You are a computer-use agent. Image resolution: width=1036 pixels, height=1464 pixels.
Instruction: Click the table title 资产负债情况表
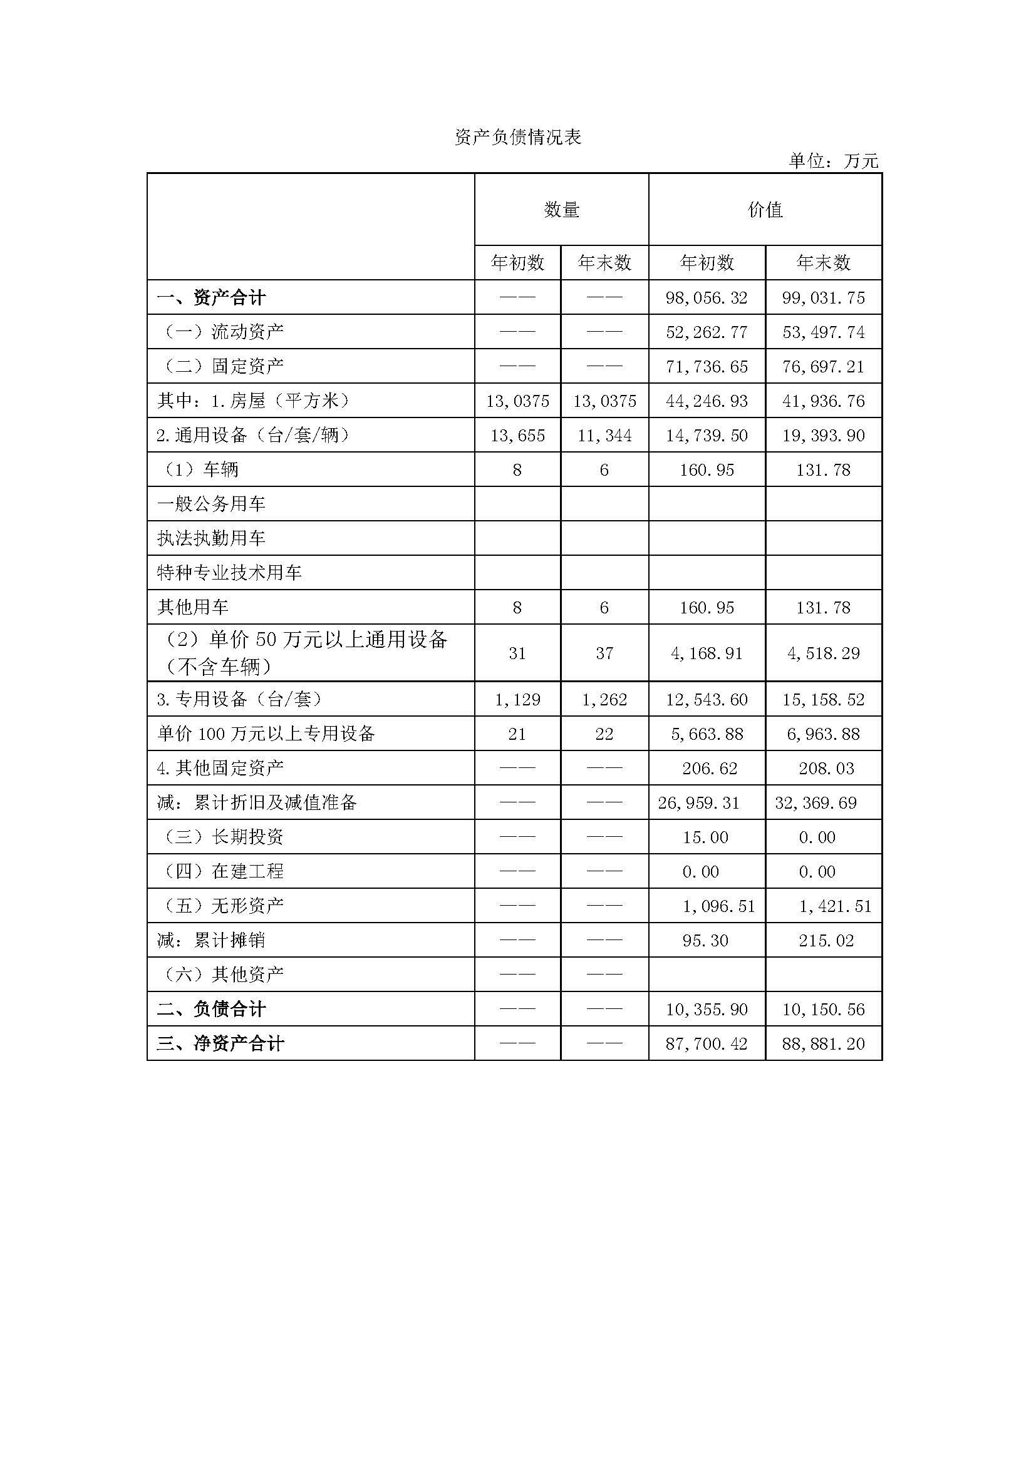pyautogui.click(x=517, y=138)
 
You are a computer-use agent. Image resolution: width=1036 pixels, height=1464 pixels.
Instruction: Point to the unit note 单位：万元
pyautogui.click(x=833, y=161)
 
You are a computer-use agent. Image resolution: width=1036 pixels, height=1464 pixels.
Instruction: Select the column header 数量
pyautogui.click(x=561, y=210)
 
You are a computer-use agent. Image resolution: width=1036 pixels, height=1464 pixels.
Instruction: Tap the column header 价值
pyautogui.click(x=765, y=210)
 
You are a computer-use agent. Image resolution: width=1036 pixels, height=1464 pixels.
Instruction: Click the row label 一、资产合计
pyautogui.click(x=211, y=298)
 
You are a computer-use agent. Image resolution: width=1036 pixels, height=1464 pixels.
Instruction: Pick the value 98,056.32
pyautogui.click(x=706, y=298)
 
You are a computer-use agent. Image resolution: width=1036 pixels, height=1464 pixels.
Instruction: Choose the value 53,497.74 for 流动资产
pyautogui.click(x=823, y=332)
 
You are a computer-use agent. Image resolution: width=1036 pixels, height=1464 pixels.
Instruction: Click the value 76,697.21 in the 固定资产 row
pyautogui.click(x=823, y=367)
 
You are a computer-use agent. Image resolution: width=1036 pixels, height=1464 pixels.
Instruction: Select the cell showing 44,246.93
pyautogui.click(x=706, y=401)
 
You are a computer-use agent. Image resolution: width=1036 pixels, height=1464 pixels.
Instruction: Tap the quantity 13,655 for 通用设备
pyautogui.click(x=517, y=436)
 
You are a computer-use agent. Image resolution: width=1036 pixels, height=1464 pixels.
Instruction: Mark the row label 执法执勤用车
pyautogui.click(x=211, y=539)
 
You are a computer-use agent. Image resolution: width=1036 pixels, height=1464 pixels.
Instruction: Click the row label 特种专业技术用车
pyautogui.click(x=229, y=573)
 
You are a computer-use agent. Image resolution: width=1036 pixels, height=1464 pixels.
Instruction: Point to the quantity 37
pyautogui.click(x=604, y=653)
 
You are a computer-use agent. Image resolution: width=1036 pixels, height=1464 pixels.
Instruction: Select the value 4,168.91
pyautogui.click(x=706, y=653)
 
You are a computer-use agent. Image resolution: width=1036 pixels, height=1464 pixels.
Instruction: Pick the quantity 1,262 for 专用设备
pyautogui.click(x=604, y=700)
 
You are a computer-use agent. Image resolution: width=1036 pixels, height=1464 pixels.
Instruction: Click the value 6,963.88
pyautogui.click(x=823, y=734)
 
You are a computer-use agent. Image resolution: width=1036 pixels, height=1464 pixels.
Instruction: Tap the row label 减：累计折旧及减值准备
pyautogui.click(x=256, y=803)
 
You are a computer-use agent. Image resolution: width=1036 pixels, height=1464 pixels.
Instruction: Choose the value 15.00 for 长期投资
pyautogui.click(x=705, y=837)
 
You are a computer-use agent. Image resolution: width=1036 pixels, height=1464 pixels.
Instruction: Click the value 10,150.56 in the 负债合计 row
pyautogui.click(x=823, y=1010)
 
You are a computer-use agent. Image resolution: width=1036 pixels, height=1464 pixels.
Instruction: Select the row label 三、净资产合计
pyautogui.click(x=220, y=1044)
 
